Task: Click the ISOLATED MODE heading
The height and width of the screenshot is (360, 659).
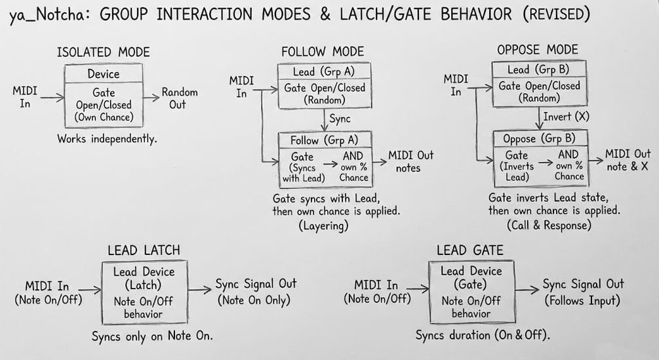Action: pyautogui.click(x=104, y=52)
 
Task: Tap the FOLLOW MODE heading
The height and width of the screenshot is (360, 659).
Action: pyautogui.click(x=322, y=52)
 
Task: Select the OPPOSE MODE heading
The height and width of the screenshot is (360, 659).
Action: pyautogui.click(x=537, y=50)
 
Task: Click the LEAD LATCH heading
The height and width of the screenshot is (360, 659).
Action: pyautogui.click(x=144, y=250)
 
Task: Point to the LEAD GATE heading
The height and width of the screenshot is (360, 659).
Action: pyautogui.click(x=469, y=250)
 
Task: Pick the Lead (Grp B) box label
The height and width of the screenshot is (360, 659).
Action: pyautogui.click(x=536, y=70)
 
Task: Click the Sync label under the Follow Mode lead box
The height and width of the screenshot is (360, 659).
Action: pyautogui.click(x=340, y=119)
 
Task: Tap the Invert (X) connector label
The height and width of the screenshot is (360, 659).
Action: pyautogui.click(x=563, y=117)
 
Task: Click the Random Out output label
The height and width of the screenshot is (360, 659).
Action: pyautogui.click(x=179, y=98)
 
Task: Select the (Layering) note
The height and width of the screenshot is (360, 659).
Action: pyautogui.click(x=323, y=226)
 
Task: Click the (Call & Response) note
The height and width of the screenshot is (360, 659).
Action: pyautogui.click(x=549, y=225)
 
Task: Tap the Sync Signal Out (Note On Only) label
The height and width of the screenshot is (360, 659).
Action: pyautogui.click(x=256, y=292)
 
